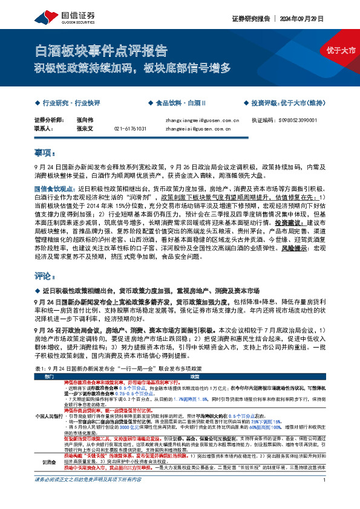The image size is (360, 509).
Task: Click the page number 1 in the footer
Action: coord(326,497)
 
